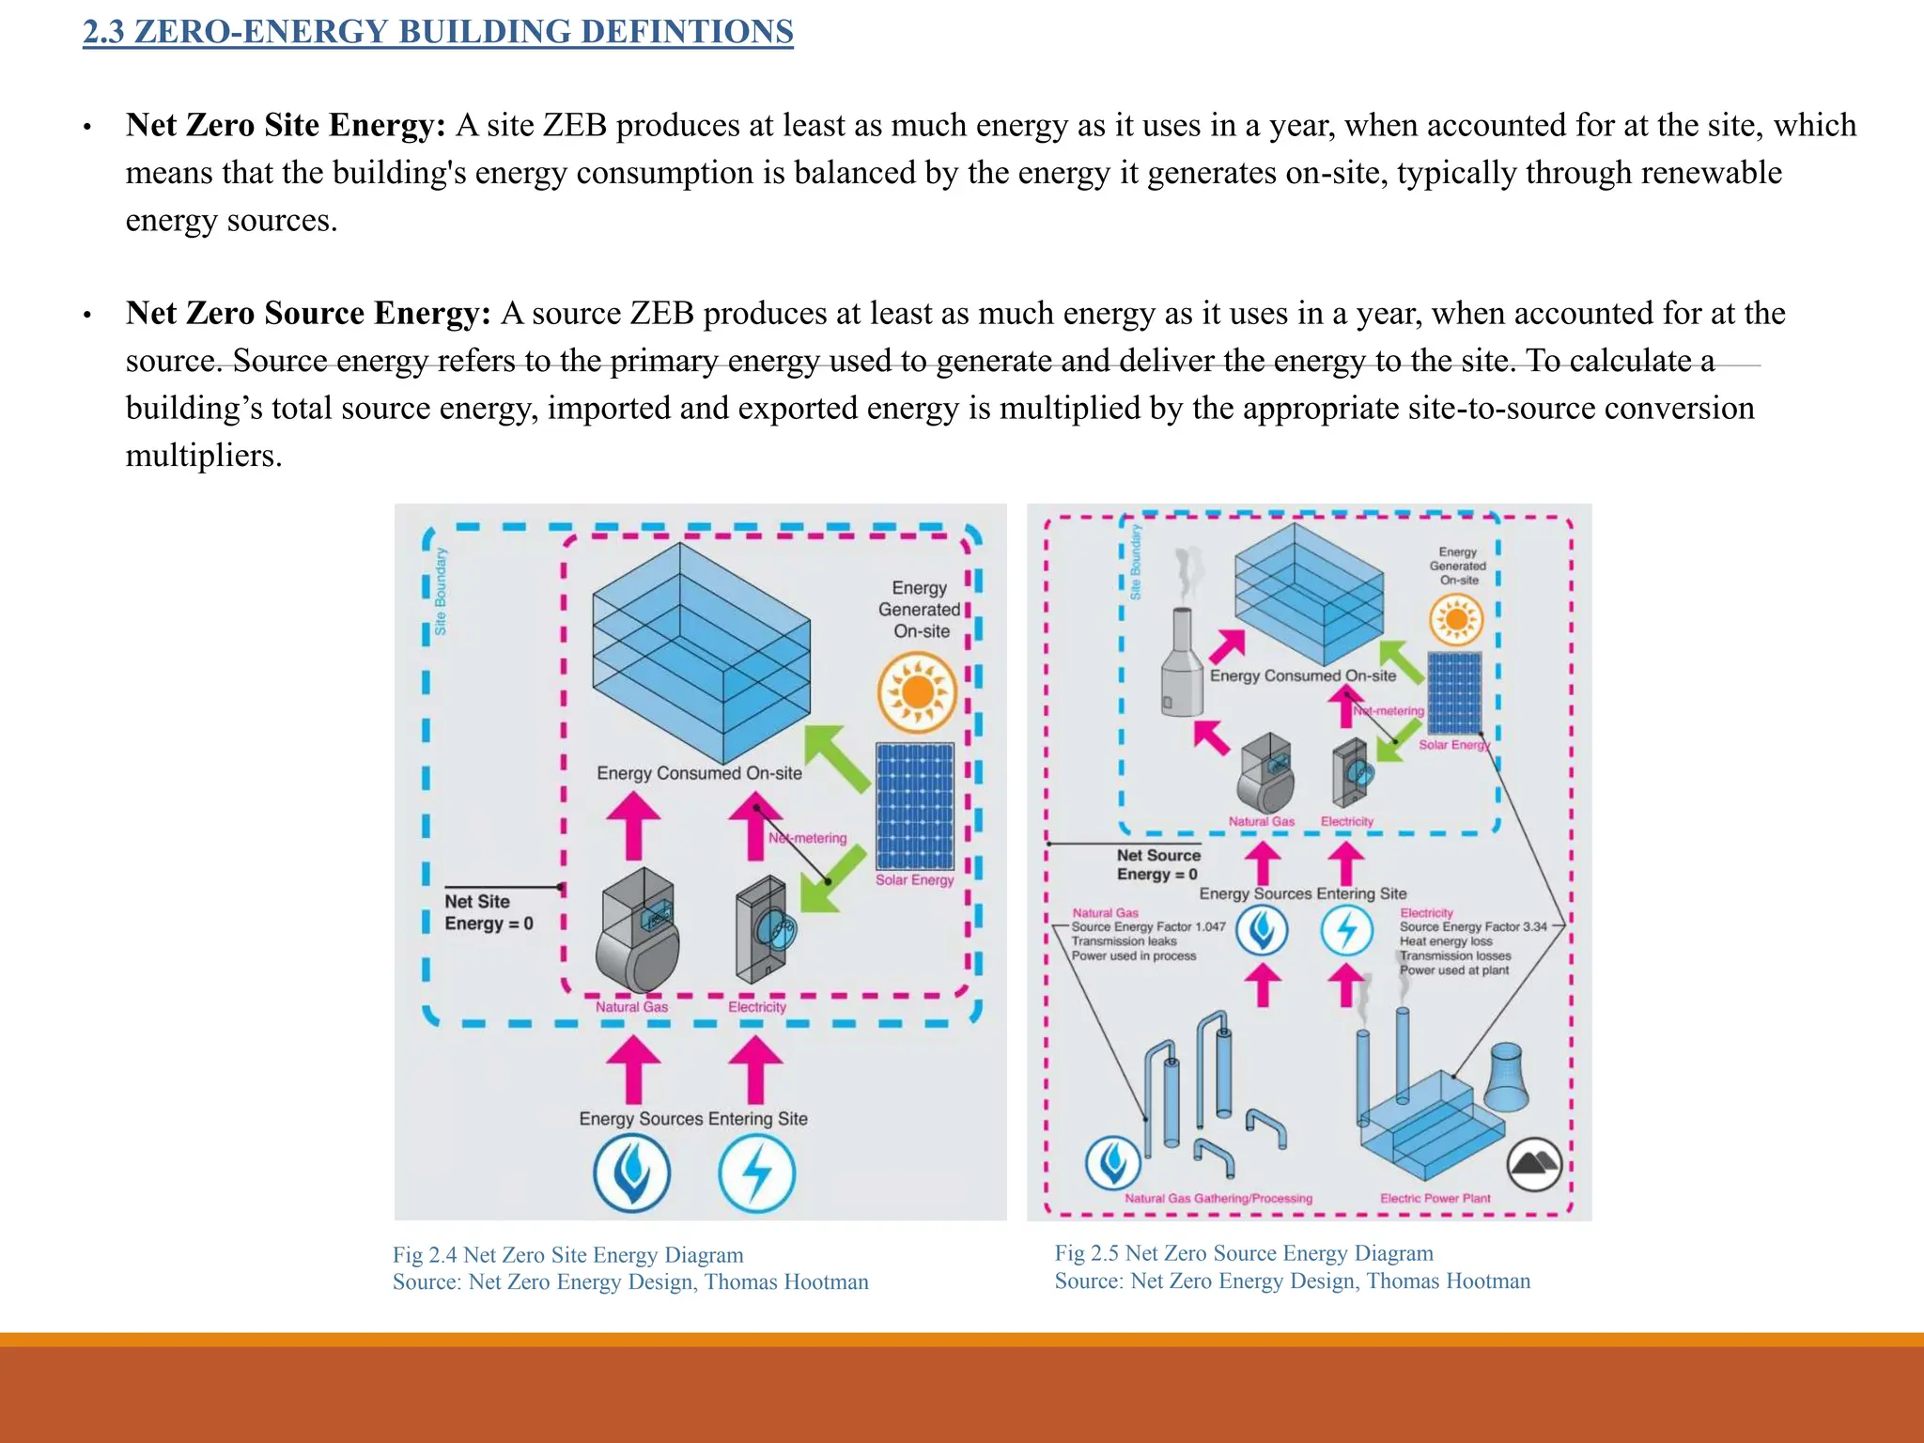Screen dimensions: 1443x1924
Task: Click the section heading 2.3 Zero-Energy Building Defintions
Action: point(438,32)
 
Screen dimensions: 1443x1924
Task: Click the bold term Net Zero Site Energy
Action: point(286,125)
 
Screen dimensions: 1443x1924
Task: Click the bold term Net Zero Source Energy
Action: point(308,313)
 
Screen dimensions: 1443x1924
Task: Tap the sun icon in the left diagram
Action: point(917,693)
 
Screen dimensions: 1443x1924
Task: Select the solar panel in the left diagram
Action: point(914,805)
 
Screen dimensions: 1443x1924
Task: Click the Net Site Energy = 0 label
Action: point(488,912)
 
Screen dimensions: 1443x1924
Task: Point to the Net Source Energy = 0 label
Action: point(1157,864)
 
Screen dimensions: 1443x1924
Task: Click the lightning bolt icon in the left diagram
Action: point(756,1173)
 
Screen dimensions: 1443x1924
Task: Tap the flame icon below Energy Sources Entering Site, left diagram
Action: point(631,1173)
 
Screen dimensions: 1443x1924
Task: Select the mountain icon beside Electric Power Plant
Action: point(1534,1165)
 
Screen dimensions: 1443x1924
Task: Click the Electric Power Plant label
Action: point(1435,1198)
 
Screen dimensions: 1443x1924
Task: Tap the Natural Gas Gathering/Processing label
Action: point(1218,1198)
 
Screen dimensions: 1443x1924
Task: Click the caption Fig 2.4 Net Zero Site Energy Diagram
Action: point(567,1255)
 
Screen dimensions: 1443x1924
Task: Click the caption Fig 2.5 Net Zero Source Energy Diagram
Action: point(1243,1253)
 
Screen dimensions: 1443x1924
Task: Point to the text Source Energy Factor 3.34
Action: point(1472,926)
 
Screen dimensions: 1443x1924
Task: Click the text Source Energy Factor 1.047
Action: point(1148,926)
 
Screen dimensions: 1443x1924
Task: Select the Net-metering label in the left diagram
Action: point(808,838)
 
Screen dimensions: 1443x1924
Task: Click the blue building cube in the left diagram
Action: point(700,652)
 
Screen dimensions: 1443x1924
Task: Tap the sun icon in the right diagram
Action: point(1455,620)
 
